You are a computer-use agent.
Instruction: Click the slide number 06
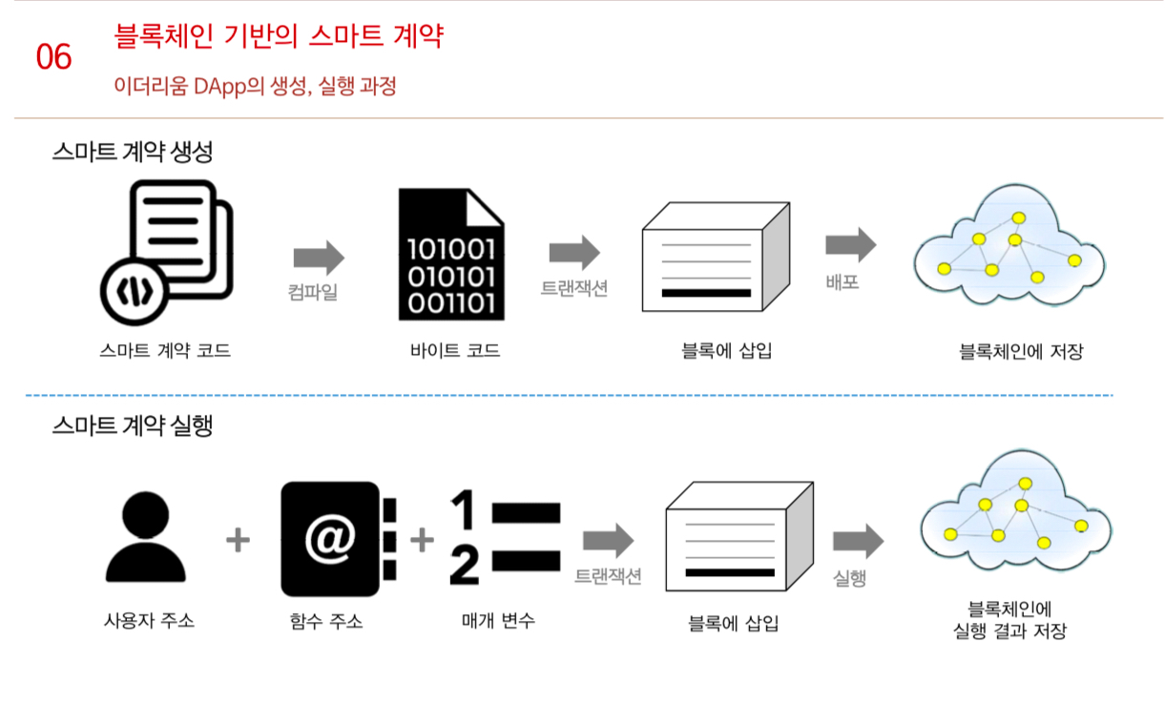53,57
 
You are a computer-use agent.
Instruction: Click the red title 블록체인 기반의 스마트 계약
279,37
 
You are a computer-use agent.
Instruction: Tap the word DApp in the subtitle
218,87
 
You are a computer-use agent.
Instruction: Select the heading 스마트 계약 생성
132,152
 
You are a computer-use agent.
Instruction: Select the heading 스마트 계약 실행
132,425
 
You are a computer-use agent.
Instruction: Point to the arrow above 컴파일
319,257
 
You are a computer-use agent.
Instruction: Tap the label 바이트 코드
454,351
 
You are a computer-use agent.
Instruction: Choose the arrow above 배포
850,244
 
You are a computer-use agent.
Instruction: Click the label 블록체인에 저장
1021,351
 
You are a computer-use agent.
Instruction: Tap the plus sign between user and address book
238,541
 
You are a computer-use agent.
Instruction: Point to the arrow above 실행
858,541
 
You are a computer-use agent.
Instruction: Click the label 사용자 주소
149,620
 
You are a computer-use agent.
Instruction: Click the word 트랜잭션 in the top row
574,288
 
